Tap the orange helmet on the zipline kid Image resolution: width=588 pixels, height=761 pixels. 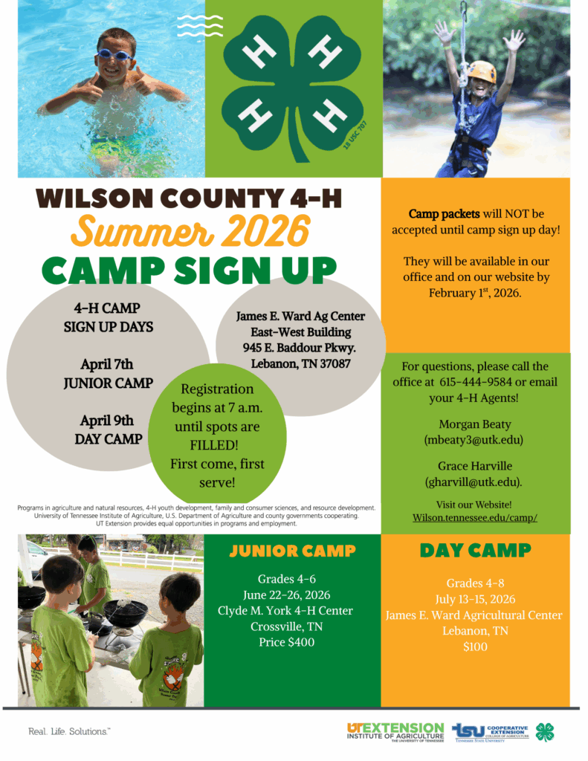pos(482,71)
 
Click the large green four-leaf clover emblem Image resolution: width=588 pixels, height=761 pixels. pos(293,85)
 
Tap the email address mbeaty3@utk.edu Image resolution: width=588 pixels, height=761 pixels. pos(475,440)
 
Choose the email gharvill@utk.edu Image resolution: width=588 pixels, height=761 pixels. pos(474,482)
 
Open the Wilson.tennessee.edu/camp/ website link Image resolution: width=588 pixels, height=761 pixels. pos(475,517)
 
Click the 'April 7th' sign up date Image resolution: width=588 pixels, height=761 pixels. pos(108,364)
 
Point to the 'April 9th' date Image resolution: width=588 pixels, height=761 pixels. pos(108,421)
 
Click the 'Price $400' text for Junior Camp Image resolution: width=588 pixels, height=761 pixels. pos(286,642)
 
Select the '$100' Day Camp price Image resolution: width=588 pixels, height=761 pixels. pos(474,647)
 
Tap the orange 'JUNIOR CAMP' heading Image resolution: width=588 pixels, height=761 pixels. pos(292,551)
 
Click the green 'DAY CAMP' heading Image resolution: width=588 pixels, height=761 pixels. pos(474,551)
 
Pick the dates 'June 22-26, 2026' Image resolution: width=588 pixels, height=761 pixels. pos(286,595)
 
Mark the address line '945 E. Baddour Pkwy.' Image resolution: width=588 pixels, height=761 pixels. pos(300,348)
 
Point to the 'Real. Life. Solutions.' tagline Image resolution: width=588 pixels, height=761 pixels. pos(69,731)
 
